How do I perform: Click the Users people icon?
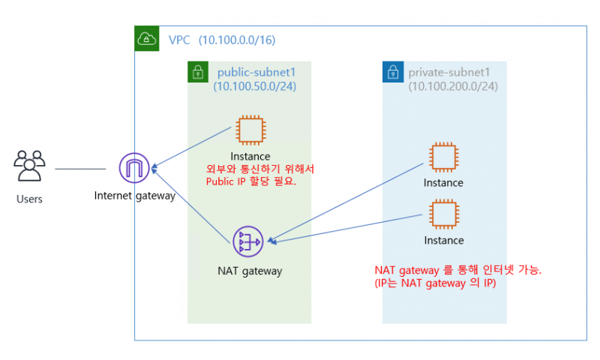29,166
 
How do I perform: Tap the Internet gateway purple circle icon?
134,168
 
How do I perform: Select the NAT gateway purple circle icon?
248,241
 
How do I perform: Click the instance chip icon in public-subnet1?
250,130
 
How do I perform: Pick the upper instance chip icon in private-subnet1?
443,157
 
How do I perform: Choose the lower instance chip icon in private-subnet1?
443,214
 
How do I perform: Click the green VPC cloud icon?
146,39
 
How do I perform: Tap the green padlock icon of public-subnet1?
198,73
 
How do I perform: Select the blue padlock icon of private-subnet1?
393,73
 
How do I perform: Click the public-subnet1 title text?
256,73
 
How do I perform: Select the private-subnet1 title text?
448,73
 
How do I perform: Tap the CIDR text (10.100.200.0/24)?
453,86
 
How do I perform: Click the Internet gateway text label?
134,196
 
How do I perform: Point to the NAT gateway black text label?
249,271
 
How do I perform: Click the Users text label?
29,199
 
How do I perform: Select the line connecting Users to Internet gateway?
80,169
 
